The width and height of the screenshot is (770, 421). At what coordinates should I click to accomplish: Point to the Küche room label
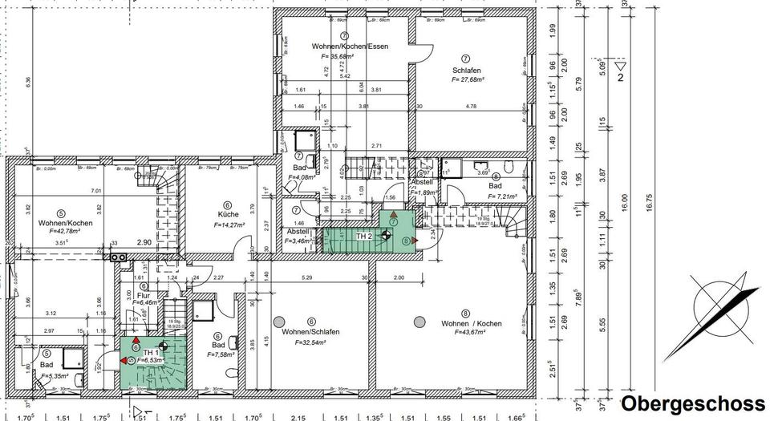click(x=228, y=215)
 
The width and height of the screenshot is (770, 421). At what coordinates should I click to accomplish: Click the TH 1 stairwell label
click(x=151, y=352)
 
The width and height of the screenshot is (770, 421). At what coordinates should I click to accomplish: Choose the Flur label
click(x=144, y=294)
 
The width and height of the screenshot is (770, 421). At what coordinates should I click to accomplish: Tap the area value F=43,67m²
click(x=465, y=331)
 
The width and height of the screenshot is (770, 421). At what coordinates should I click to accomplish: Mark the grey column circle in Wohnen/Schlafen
click(x=279, y=322)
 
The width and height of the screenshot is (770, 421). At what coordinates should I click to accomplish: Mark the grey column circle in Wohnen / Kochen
click(x=418, y=322)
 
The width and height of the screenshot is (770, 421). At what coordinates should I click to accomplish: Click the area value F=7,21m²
click(x=496, y=195)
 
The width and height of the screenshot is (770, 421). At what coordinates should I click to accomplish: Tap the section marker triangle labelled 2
click(x=620, y=65)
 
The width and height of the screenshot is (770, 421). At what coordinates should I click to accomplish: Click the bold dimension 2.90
click(x=144, y=242)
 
